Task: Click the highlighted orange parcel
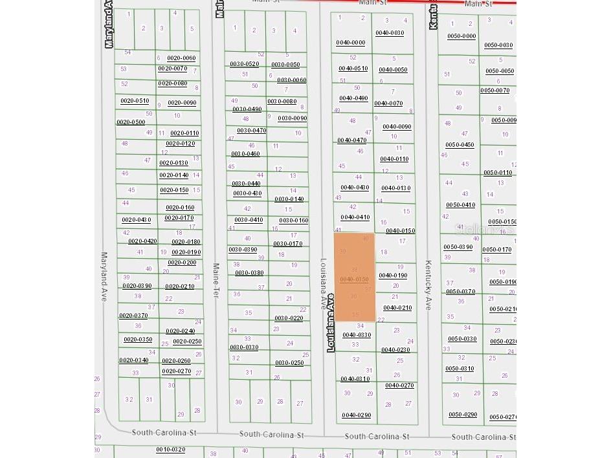coord(354,265)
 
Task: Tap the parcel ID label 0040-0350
coord(354,279)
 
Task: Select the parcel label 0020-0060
coord(181,58)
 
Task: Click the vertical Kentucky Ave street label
coord(428,285)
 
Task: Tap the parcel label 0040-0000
coord(350,43)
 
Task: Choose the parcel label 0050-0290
coord(462,414)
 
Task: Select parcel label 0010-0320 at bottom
coord(170,450)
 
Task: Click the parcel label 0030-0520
coord(244,63)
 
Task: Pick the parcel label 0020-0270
coord(176,371)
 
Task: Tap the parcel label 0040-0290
coord(356,415)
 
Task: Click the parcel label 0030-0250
coord(289,363)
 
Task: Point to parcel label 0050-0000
coord(461,36)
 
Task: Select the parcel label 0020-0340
coord(133,360)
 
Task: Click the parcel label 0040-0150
coord(400,230)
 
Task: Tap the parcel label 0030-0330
coord(244,347)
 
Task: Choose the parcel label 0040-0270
coord(399,386)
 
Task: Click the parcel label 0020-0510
coord(135,101)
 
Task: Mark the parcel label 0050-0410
coord(460,205)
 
